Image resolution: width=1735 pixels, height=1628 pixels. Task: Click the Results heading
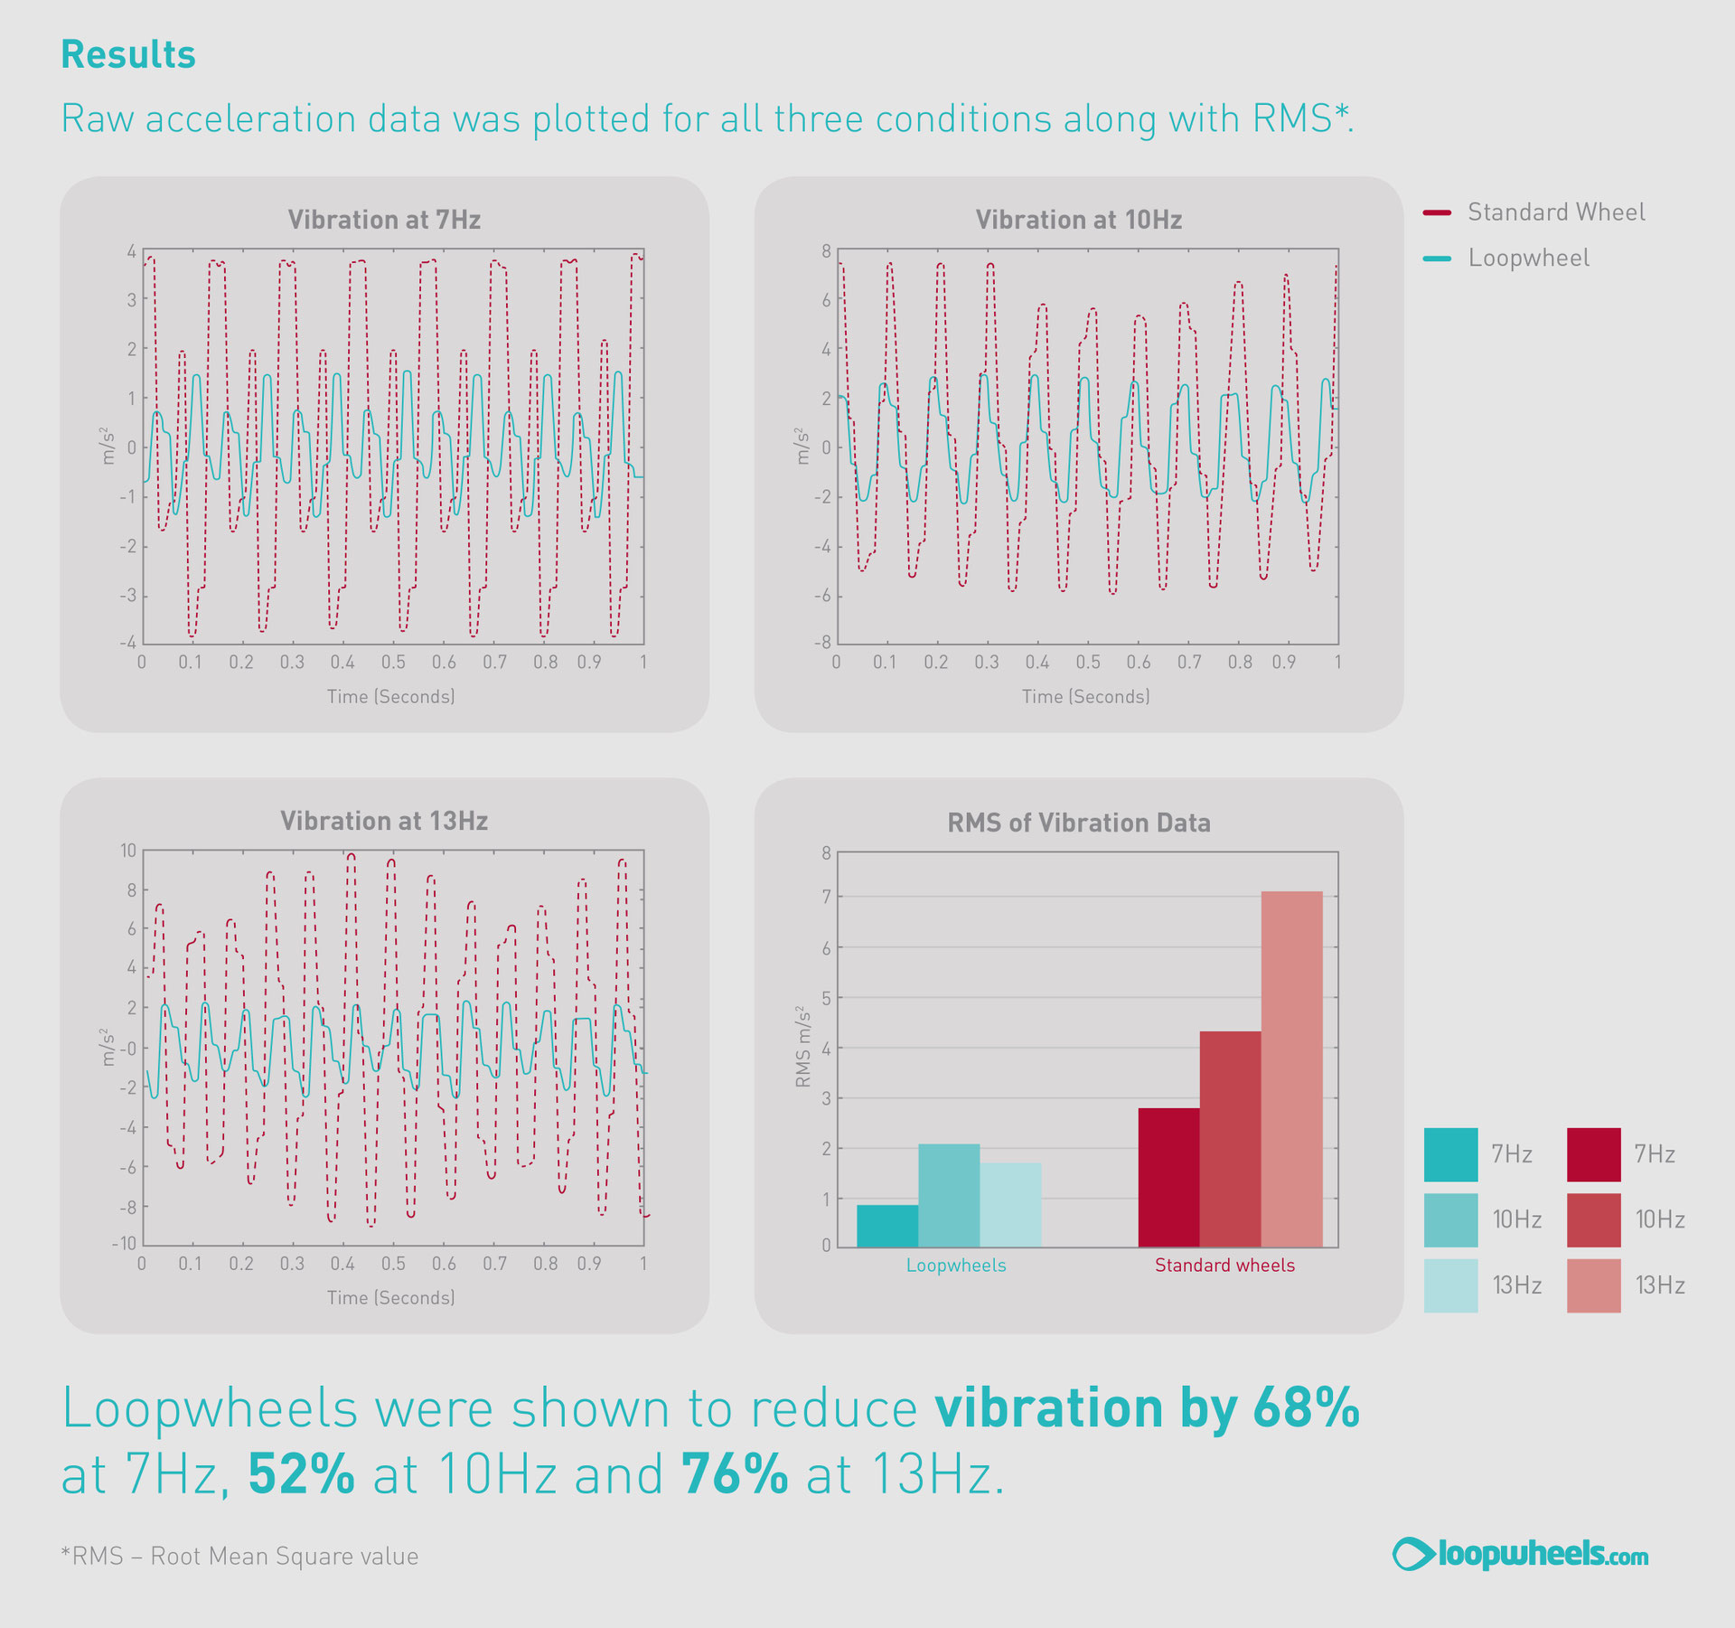[x=128, y=54]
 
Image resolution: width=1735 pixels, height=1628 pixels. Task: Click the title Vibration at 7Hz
[x=384, y=220]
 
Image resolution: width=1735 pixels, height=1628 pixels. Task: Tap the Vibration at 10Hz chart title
[x=1078, y=220]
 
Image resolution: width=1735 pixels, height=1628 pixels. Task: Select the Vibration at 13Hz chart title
[x=384, y=821]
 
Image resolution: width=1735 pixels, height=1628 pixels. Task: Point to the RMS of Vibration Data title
[x=1078, y=823]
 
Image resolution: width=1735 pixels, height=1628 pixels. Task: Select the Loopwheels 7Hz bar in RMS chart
[x=887, y=1226]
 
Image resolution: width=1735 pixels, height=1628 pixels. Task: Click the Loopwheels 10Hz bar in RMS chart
[x=949, y=1196]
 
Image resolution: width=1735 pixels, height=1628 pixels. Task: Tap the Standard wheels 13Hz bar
[x=1291, y=1069]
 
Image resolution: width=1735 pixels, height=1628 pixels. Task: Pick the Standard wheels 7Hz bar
[x=1168, y=1178]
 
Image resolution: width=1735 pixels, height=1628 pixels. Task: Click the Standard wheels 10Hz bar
[x=1230, y=1139]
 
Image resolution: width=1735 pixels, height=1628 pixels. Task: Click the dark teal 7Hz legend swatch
[x=1450, y=1154]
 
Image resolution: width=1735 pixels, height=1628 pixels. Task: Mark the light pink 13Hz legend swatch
[x=1593, y=1285]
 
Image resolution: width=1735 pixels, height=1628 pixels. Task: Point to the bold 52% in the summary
[x=301, y=1474]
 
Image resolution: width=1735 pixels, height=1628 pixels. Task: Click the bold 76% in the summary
[x=734, y=1474]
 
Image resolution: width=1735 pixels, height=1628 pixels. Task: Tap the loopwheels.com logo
[x=1520, y=1554]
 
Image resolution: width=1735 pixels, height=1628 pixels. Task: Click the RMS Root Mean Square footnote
[x=239, y=1556]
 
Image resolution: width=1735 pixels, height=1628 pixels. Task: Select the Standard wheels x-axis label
[x=1224, y=1266]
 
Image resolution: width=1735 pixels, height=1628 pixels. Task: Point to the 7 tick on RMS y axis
[x=826, y=897]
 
